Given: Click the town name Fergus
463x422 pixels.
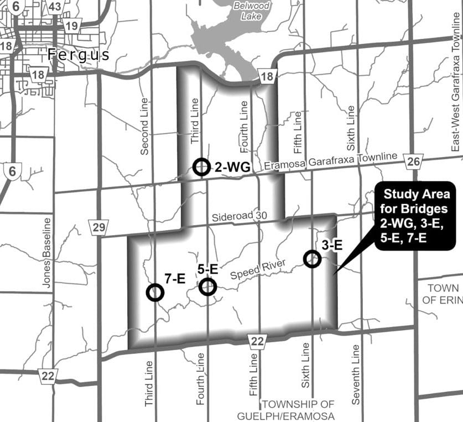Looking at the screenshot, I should [x=79, y=54].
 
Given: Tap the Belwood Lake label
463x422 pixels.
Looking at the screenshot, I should [x=251, y=11].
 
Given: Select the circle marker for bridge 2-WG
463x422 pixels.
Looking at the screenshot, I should [x=202, y=166].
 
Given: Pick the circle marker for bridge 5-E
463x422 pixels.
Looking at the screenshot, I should [x=208, y=286].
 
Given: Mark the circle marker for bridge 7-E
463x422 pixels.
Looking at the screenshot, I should [x=155, y=292].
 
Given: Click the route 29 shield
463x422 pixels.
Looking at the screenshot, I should [x=98, y=226].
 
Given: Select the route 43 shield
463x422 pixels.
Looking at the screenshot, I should [x=55, y=7].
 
